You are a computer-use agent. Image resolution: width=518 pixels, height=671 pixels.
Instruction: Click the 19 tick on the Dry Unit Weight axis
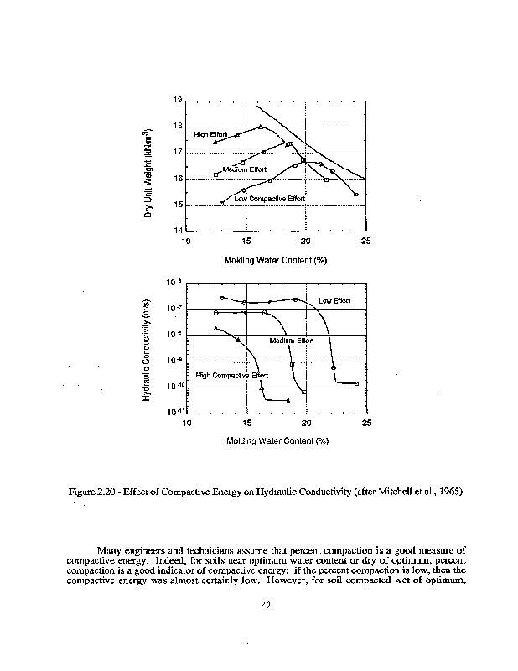click(x=178, y=100)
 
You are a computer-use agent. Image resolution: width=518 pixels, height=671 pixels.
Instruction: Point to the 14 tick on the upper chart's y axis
click(x=178, y=231)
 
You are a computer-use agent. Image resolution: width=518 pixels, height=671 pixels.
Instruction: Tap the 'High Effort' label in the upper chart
click(x=210, y=134)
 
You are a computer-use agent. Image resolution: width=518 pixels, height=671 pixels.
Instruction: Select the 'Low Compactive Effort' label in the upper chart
click(x=264, y=199)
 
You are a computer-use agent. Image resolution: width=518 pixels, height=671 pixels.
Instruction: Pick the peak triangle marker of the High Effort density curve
click(x=261, y=127)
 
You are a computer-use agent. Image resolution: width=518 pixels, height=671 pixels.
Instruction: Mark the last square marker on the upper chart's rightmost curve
click(x=356, y=195)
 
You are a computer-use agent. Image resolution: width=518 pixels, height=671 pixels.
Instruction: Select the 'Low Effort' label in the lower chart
click(x=334, y=300)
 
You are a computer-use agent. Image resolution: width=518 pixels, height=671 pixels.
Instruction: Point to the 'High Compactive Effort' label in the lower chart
click(x=231, y=375)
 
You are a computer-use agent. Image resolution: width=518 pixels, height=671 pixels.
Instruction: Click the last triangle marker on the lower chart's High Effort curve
click(x=288, y=402)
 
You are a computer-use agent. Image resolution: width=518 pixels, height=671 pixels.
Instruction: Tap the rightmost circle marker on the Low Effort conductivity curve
click(x=357, y=383)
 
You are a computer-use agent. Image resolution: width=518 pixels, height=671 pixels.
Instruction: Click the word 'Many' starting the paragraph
click(x=111, y=550)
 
